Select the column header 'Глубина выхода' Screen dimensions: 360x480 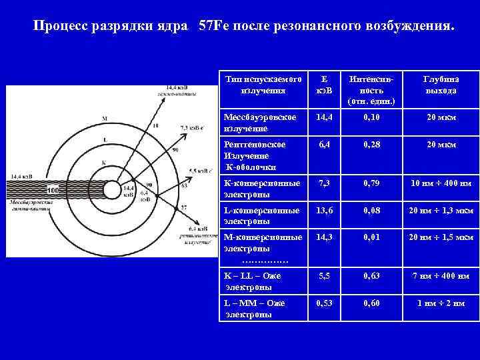point(441,85)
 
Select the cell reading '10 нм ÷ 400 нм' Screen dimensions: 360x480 point(441,182)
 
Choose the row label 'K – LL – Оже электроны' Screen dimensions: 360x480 point(253,281)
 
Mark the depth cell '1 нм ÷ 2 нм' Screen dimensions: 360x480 point(441,303)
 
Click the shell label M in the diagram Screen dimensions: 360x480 point(104,118)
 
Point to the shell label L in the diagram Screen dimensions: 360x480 point(104,139)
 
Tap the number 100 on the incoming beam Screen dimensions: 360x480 point(53,190)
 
